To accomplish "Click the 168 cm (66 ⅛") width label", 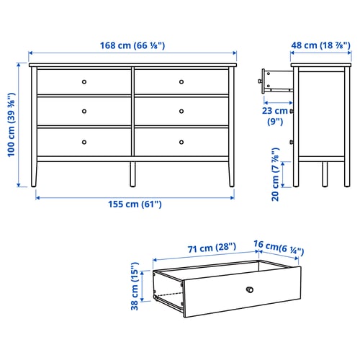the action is coord(132,45).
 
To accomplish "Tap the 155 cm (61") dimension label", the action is coord(135,204).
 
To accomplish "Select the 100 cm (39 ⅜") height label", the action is coord(12,125).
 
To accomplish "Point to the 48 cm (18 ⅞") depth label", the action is coord(321,45).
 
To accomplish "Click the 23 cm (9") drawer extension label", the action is coord(275,116).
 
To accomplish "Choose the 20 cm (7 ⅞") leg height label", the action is coord(276,174).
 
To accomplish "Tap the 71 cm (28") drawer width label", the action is coord(212,248).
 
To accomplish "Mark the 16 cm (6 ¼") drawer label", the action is coord(279,248).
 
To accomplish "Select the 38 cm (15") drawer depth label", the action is coord(135,286).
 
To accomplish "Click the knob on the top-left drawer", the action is coord(84,82).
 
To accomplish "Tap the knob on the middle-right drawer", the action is coord(181,111).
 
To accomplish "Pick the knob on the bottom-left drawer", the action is coord(84,142).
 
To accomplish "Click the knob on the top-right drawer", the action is coord(181,82).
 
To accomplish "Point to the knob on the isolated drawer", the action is coord(250,289).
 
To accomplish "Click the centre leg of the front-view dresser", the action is coord(132,174).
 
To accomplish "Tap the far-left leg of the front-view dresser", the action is coord(34,174).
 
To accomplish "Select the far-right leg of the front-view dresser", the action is coord(231,174).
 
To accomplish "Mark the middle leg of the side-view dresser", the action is coord(325,174).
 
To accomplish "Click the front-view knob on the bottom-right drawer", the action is coord(181,142).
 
